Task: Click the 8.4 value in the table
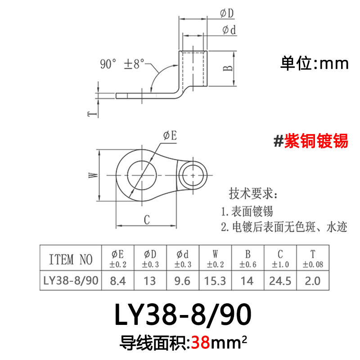pyautogui.click(x=118, y=281)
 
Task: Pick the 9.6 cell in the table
pyautogui.click(x=183, y=281)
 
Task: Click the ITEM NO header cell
pyautogui.click(x=70, y=259)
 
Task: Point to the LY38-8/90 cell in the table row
pyautogui.click(x=70, y=281)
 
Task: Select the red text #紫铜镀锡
pyautogui.click(x=311, y=141)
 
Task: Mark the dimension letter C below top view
pyautogui.click(x=146, y=220)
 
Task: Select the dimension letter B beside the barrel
pyautogui.click(x=228, y=68)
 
